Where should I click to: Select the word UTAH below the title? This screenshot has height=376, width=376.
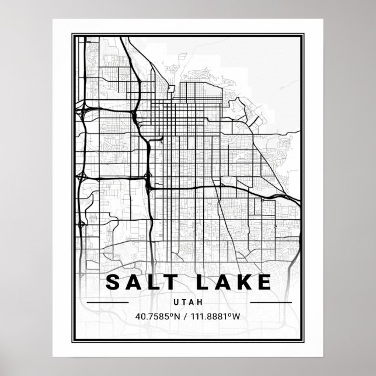[x=188, y=302]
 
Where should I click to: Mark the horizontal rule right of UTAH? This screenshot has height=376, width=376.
[x=270, y=302]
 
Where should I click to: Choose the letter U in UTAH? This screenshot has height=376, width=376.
[x=176, y=302]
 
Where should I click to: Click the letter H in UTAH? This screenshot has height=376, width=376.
[x=200, y=302]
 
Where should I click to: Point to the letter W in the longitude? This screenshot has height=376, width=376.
[x=237, y=317]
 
